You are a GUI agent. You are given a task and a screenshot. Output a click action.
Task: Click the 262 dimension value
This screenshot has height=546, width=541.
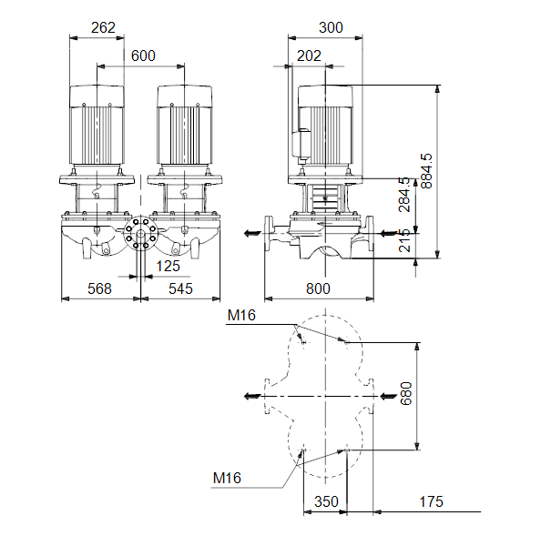click(x=103, y=27)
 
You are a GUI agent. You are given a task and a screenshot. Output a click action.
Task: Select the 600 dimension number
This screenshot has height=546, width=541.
click(x=143, y=56)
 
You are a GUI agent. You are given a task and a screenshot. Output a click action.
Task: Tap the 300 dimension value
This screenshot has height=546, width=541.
click(x=331, y=27)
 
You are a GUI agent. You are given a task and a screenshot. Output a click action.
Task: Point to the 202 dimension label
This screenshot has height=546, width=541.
click(x=309, y=56)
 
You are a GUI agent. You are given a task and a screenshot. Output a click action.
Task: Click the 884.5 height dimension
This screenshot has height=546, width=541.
click(x=426, y=171)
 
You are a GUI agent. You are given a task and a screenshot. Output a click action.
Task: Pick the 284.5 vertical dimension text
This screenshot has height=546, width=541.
click(x=404, y=195)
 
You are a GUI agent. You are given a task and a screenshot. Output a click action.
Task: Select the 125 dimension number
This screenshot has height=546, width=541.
click(x=168, y=267)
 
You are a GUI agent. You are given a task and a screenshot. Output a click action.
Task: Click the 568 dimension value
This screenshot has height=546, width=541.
click(x=99, y=288)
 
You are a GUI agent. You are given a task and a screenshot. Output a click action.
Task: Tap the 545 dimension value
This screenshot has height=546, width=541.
click(x=180, y=288)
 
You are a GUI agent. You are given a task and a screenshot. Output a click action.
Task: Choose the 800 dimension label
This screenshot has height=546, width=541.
click(x=318, y=288)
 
